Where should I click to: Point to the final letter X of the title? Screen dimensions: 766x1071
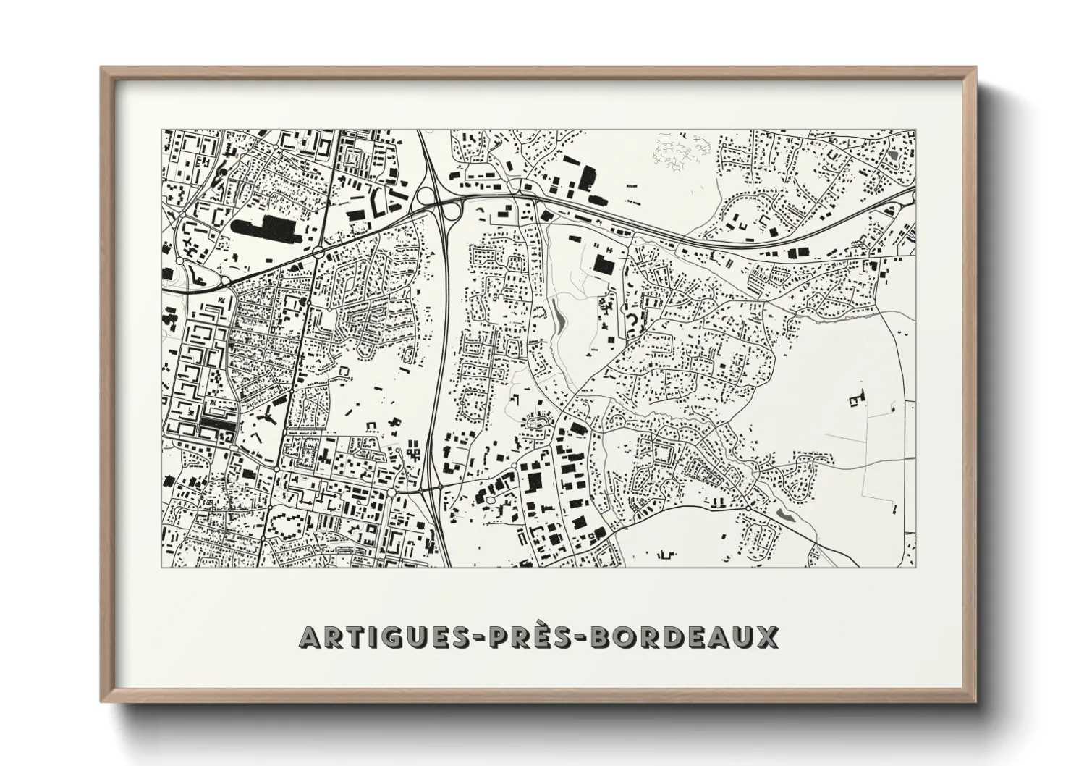(766, 637)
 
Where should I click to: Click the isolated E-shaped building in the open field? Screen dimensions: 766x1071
(858, 397)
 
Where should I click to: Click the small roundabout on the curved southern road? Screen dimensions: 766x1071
(747, 509)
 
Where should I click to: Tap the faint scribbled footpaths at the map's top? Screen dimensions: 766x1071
(677, 154)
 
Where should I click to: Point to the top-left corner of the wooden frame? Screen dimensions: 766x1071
(102, 68)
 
